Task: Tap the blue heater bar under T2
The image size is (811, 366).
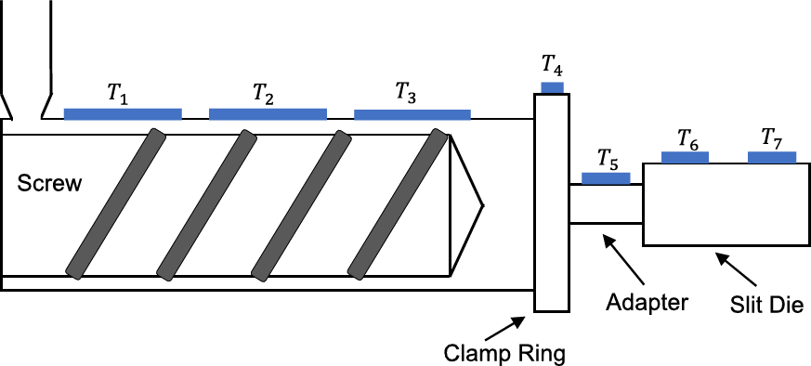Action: (x=268, y=114)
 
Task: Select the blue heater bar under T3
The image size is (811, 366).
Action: (x=412, y=114)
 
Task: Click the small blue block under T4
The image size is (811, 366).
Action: (x=552, y=87)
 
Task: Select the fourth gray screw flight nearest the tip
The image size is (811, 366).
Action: (x=399, y=203)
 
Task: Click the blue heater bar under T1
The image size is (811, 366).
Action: (x=123, y=114)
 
